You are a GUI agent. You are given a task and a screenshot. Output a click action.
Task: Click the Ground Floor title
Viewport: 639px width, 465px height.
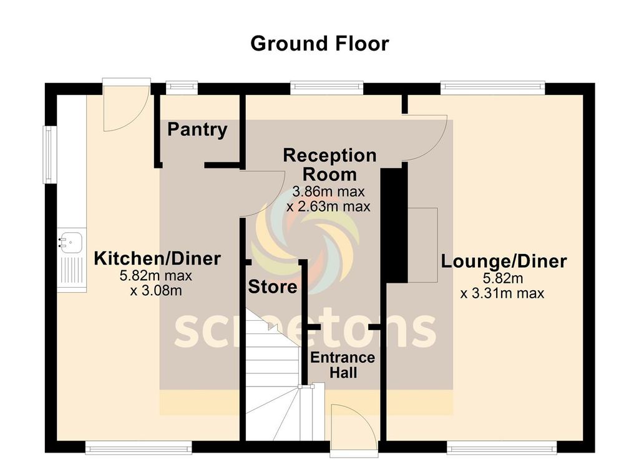(x=319, y=44)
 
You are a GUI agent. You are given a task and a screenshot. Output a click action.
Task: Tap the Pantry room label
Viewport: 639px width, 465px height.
(x=197, y=130)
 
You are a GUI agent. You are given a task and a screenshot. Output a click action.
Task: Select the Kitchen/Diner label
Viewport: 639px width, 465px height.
(x=157, y=258)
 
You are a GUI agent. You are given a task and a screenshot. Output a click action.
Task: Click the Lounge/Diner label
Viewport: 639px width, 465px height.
(x=504, y=261)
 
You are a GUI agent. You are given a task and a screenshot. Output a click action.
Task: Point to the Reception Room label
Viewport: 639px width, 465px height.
(x=329, y=165)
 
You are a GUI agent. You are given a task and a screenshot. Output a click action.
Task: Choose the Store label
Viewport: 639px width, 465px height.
(x=273, y=287)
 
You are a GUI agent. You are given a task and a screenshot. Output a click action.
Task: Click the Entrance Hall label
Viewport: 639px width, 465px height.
(x=343, y=365)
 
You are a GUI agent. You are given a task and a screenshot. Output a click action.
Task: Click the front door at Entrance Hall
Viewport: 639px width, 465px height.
(x=354, y=427)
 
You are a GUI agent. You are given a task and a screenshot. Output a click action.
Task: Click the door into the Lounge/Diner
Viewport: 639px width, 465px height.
(x=426, y=137)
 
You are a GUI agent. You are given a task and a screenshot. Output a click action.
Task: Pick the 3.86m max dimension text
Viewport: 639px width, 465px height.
(x=329, y=192)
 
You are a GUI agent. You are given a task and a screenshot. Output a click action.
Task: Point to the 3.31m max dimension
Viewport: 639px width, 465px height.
(x=502, y=293)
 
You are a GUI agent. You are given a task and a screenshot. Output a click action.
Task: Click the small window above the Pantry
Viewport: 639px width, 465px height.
(x=182, y=88)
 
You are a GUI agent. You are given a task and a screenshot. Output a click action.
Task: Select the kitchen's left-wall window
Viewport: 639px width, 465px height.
(x=49, y=155)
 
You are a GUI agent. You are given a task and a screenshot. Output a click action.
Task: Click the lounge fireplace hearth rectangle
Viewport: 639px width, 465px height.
(x=422, y=243)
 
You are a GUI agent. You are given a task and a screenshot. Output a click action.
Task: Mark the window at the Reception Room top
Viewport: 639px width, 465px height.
(x=327, y=88)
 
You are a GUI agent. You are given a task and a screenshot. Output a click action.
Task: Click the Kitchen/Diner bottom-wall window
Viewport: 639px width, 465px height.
(x=138, y=446)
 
